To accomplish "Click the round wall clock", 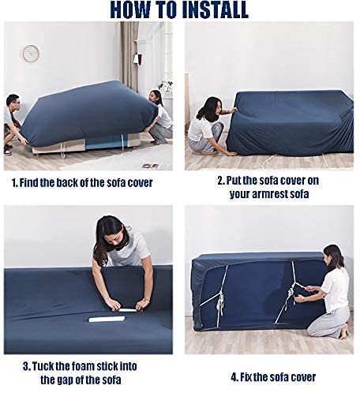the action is pos(31,54).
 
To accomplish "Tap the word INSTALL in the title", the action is pos(215,10).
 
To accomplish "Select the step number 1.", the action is pos(15,183).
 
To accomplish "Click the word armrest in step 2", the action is pos(270,194).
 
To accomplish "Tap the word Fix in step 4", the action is pos(246,377).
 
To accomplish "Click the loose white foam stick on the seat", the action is pos(107,319).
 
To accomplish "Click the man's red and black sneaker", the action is pos(8,152).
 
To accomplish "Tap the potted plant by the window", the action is pos(166,87).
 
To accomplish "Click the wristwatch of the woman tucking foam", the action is pos(145,301).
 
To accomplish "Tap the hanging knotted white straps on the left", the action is pos(220,301).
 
